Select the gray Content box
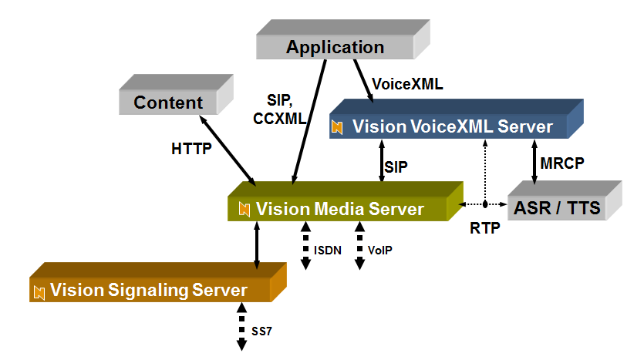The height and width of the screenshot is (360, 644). [x=168, y=103]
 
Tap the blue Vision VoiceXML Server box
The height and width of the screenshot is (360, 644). [x=451, y=126]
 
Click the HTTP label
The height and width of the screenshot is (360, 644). [x=191, y=149]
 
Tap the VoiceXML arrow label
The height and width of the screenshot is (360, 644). [x=407, y=84]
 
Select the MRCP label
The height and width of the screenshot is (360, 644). [x=562, y=163]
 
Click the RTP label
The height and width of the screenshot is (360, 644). [x=484, y=228]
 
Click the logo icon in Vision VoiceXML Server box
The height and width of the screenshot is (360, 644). [x=337, y=126]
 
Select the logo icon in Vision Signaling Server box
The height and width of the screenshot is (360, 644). [x=39, y=291]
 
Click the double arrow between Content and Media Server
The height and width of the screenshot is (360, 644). [x=228, y=151]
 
